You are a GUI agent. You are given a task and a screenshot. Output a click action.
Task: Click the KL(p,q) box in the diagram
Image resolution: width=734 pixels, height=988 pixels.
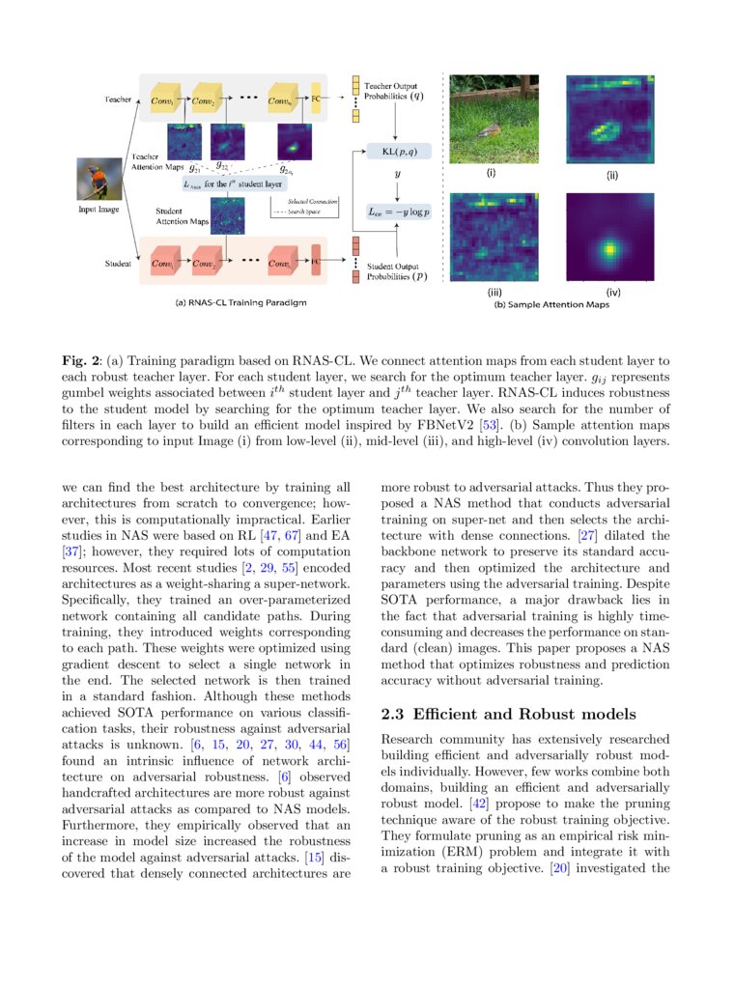[x=399, y=152]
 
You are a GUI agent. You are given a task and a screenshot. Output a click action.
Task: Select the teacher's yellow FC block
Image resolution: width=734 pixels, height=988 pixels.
[x=315, y=100]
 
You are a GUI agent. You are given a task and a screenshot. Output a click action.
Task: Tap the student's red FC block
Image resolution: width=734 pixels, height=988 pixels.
[x=315, y=262]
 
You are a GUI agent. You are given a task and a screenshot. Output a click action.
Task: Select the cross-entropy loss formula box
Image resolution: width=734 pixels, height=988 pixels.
[x=398, y=212]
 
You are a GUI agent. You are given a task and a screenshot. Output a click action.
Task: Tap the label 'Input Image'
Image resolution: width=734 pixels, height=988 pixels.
[x=99, y=209]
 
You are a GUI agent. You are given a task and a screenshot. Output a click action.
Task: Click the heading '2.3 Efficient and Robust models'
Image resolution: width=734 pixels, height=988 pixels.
[x=508, y=715]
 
